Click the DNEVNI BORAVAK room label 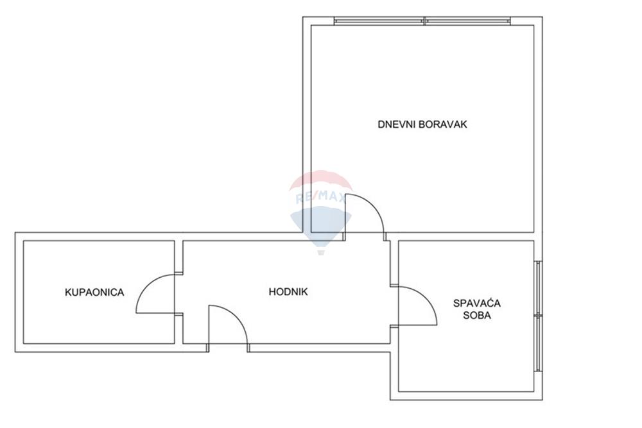coord(422,124)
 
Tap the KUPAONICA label coord(94,293)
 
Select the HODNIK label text coord(288,292)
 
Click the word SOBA coord(477,315)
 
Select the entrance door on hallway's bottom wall coord(228,328)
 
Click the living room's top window coord(422,21)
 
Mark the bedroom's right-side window coord(539,316)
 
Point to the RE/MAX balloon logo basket coord(321,252)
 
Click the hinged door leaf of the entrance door coord(209,328)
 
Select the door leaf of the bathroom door coord(155,313)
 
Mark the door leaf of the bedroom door coord(418,325)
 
